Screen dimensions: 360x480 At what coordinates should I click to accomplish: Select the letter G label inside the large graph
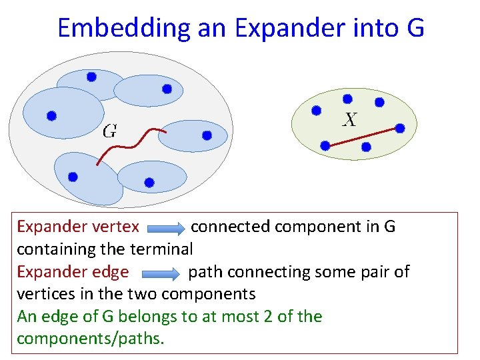109,131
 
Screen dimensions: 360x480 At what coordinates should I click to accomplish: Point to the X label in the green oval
349,120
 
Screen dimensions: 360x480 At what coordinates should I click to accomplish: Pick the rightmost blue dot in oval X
400,128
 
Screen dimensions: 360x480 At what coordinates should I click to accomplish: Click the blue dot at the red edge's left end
325,145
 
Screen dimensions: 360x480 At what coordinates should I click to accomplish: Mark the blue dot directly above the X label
347,99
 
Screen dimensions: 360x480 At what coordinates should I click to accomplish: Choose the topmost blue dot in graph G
92,77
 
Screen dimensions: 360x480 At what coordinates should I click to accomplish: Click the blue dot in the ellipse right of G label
207,135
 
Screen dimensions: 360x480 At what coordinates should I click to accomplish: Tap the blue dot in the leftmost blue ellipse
51,115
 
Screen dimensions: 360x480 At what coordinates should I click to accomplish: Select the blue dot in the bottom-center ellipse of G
149,182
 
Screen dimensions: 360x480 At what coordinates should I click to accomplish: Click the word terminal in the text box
164,249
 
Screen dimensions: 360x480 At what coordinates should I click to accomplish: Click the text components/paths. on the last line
91,339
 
